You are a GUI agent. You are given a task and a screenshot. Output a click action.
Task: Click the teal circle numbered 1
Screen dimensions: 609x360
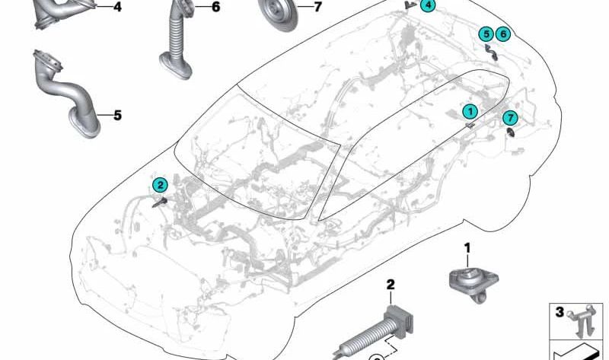470,111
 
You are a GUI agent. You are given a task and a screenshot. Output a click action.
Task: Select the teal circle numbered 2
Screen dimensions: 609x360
160,185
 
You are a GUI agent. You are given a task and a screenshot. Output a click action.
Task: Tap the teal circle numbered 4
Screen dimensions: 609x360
428,5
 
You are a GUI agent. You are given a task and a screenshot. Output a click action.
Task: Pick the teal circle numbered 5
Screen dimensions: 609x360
486,34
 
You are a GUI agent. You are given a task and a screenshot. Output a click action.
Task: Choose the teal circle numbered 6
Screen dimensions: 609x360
503,34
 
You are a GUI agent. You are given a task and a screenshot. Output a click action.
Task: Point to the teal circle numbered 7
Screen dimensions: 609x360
510,118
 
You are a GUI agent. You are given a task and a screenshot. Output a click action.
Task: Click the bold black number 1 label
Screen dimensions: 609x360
467,247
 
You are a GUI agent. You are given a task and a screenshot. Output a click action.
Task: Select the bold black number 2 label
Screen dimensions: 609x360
391,285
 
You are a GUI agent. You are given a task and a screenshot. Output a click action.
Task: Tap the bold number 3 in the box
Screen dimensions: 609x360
560,312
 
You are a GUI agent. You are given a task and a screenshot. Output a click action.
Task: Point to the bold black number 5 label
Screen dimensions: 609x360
117,116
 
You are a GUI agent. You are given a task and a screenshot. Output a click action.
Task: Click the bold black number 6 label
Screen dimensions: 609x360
215,7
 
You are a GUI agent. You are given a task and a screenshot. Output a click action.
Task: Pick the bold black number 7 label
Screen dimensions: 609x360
317,7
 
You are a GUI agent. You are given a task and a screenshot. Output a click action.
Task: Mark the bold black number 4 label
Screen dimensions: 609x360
117,7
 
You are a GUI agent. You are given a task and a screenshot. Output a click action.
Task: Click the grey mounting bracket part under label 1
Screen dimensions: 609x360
473,282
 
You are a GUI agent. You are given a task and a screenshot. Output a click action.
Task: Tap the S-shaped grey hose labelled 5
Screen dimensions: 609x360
66,94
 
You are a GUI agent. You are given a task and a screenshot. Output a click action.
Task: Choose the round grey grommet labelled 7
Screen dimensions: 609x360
277,14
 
